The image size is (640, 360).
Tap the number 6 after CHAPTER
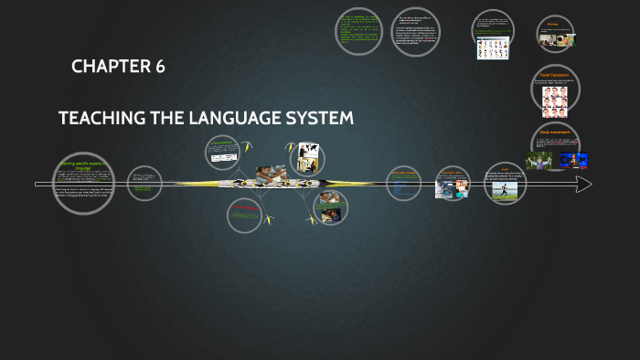coord(160,67)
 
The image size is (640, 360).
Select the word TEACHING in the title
coord(100,119)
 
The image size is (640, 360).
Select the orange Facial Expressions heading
coord(555,75)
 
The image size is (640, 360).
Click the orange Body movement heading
coord(555,132)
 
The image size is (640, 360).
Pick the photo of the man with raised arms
coord(538,160)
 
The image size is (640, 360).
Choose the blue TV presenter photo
coord(573,161)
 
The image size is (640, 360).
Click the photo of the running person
coord(505,190)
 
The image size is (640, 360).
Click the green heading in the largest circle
coord(82,165)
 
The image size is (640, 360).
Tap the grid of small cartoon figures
coord(492,47)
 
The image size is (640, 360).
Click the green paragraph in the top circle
coord(357,31)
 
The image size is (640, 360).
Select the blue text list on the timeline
coord(402,185)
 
